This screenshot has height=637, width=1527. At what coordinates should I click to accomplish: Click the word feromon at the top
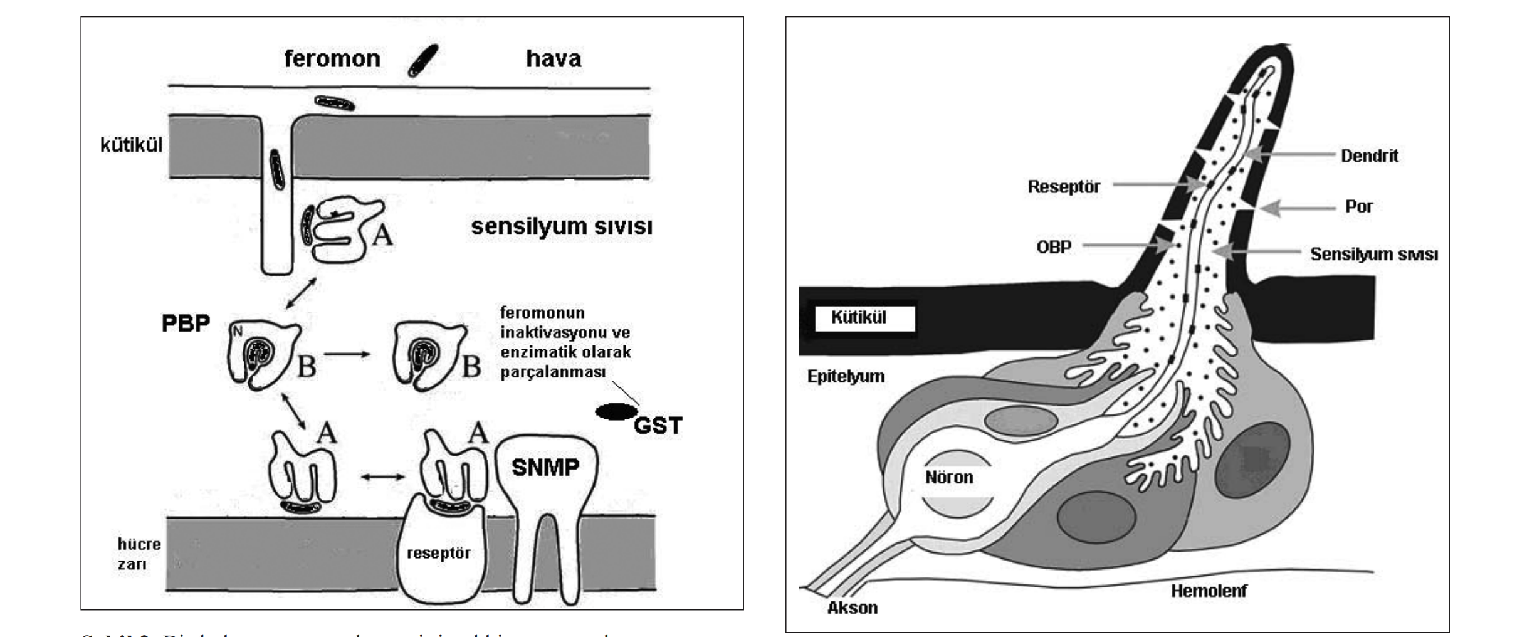[x=332, y=59]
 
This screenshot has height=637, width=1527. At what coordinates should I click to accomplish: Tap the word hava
[x=554, y=59]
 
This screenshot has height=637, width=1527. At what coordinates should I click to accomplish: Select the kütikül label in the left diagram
[x=131, y=145]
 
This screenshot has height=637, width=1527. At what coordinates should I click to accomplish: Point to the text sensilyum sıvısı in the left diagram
[x=562, y=226]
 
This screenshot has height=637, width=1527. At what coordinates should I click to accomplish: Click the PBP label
[x=186, y=324]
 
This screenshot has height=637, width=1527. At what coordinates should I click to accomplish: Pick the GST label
[x=658, y=426]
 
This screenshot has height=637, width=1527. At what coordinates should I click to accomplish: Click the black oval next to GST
[x=616, y=411]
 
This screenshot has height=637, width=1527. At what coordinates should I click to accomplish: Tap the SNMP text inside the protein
[x=545, y=467]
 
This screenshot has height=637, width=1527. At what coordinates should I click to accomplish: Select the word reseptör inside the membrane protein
[x=438, y=553]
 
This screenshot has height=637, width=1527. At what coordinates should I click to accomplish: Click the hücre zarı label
[x=139, y=554]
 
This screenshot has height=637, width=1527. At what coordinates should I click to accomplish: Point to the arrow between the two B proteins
[x=347, y=354]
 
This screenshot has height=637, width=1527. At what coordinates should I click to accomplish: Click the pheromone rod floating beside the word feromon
[x=422, y=60]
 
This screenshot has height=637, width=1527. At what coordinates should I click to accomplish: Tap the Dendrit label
[x=1369, y=156]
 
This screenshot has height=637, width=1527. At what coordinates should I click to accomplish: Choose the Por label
[x=1358, y=207]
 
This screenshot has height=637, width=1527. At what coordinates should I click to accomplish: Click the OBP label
[x=1053, y=247]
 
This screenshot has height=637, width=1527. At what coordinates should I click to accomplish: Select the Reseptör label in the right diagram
[x=1064, y=187]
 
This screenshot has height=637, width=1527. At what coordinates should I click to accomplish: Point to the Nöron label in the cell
[x=949, y=478]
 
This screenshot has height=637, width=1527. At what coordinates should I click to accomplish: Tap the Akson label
[x=852, y=608]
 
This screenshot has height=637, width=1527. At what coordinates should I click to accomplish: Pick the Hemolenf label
[x=1209, y=591]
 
